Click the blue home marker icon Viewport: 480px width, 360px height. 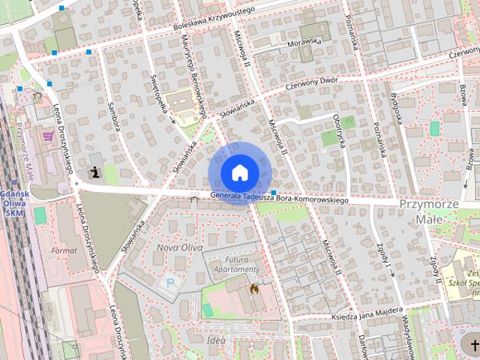coord(239,172)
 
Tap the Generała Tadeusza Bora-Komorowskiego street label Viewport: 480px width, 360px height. coord(280,198)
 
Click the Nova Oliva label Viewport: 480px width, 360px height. coord(175,247)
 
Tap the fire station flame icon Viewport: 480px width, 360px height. coord(253,287)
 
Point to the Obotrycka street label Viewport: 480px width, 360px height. coord(341,133)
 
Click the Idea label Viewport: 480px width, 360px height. coord(216,341)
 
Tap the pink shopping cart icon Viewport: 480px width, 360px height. coord(49,136)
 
